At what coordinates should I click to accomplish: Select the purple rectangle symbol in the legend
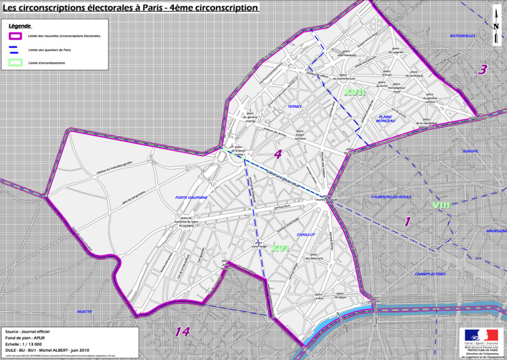click(x=16, y=36)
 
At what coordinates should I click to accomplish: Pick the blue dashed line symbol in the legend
click(x=16, y=49)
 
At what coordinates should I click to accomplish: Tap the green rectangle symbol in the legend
click(x=16, y=62)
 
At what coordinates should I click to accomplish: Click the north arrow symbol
click(x=496, y=25)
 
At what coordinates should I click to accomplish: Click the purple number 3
click(x=482, y=69)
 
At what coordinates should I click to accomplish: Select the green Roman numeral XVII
click(x=354, y=92)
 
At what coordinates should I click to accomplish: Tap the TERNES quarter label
click(x=294, y=107)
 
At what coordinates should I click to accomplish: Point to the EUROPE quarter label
click(x=470, y=152)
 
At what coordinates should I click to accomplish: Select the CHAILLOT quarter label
click(x=306, y=235)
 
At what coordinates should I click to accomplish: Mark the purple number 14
click(x=182, y=332)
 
